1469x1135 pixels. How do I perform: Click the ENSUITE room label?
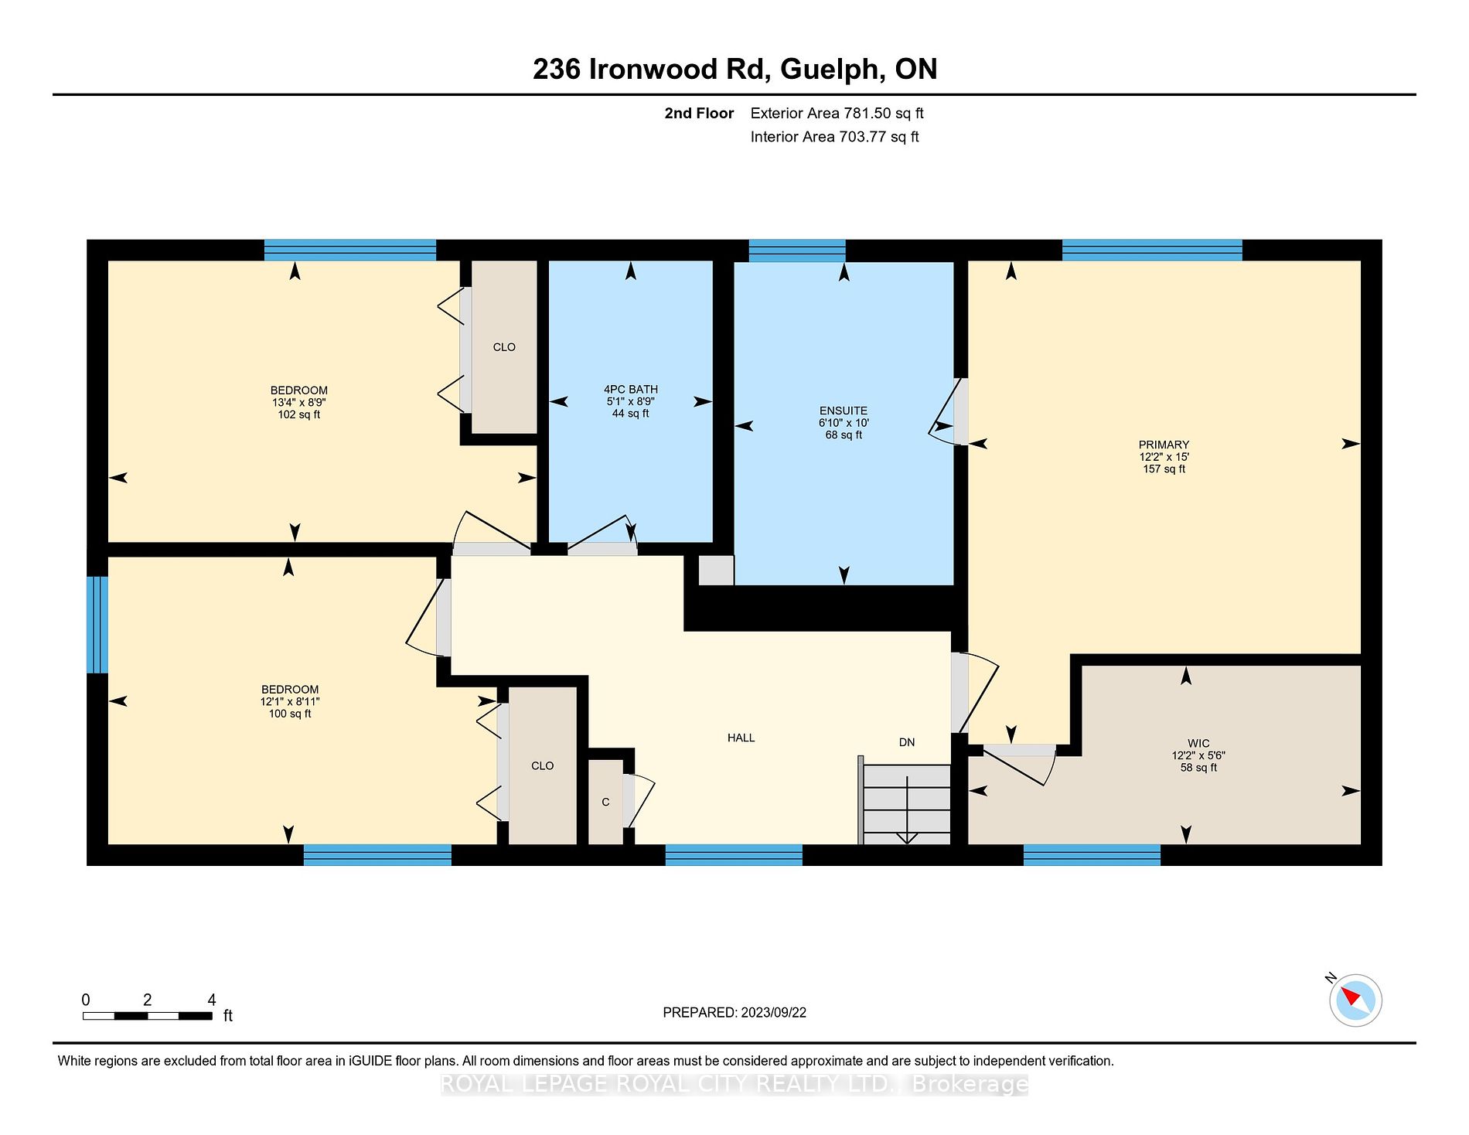pyautogui.click(x=844, y=411)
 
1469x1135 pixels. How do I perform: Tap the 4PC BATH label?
pyautogui.click(x=631, y=390)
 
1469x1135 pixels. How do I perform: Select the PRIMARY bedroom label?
pyautogui.click(x=1164, y=445)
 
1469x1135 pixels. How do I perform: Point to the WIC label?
pyautogui.click(x=1198, y=743)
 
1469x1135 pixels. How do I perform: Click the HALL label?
pyautogui.click(x=741, y=738)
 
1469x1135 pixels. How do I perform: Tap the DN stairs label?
pyautogui.click(x=907, y=742)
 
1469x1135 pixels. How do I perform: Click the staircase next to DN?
pyautogui.click(x=906, y=804)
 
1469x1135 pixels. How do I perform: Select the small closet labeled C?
pyautogui.click(x=605, y=802)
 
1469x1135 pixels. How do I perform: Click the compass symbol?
pyautogui.click(x=1355, y=1000)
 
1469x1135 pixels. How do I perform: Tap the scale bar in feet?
pyautogui.click(x=148, y=1015)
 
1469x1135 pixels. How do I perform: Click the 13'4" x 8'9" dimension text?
pyautogui.click(x=298, y=402)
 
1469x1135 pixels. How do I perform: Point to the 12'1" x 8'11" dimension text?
pyautogui.click(x=290, y=701)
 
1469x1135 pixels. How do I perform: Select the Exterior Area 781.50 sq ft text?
pyautogui.click(x=837, y=113)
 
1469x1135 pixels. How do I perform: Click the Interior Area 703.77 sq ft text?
pyautogui.click(x=835, y=137)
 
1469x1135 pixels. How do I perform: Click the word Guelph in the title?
pyautogui.click(x=831, y=70)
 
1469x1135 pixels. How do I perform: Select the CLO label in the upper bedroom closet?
pyautogui.click(x=504, y=347)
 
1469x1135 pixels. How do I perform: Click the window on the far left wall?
pyautogui.click(x=97, y=625)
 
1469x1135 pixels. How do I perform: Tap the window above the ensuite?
pyautogui.click(x=797, y=251)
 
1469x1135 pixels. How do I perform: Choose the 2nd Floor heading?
pyautogui.click(x=699, y=113)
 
